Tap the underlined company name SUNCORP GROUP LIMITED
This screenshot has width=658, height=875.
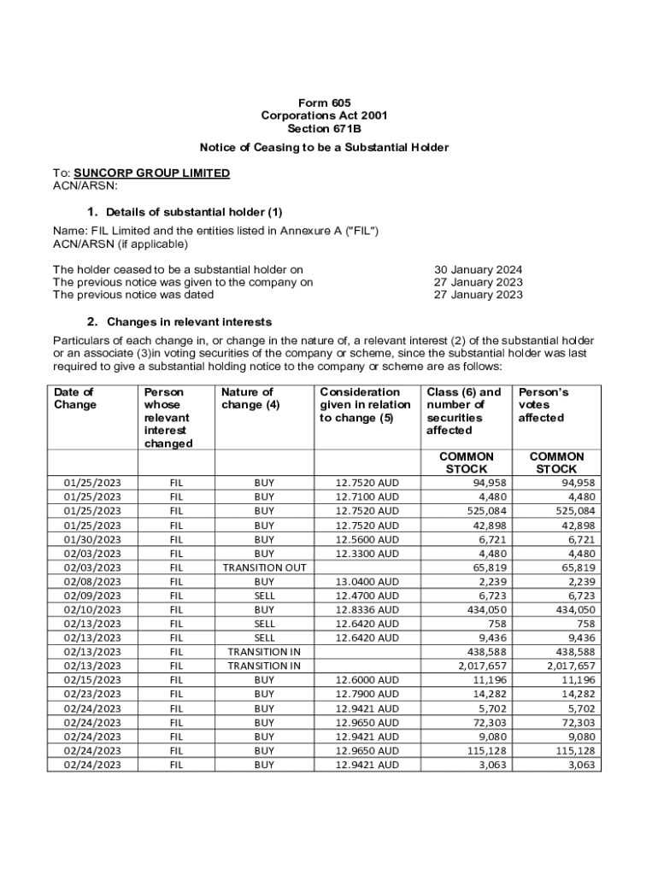(152, 173)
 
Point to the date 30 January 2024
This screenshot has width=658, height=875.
(479, 269)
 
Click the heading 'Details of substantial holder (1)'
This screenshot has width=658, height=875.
(194, 212)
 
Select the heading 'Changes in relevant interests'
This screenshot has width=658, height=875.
(189, 322)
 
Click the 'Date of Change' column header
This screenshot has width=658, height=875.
(74, 398)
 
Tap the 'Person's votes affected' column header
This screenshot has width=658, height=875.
(543, 405)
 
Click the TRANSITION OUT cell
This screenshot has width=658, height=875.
(265, 567)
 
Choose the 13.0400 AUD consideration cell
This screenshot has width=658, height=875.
(367, 582)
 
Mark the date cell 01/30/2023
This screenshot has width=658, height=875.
(92, 539)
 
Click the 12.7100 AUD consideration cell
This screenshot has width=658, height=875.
(367, 497)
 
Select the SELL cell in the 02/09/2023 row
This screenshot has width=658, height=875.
(265, 596)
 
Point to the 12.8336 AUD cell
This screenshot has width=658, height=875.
(367, 610)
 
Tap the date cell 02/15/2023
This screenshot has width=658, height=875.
(92, 680)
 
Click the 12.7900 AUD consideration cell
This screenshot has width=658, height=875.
(367, 695)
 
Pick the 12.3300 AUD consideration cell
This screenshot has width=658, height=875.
(367, 554)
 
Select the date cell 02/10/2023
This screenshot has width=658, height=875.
(92, 610)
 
